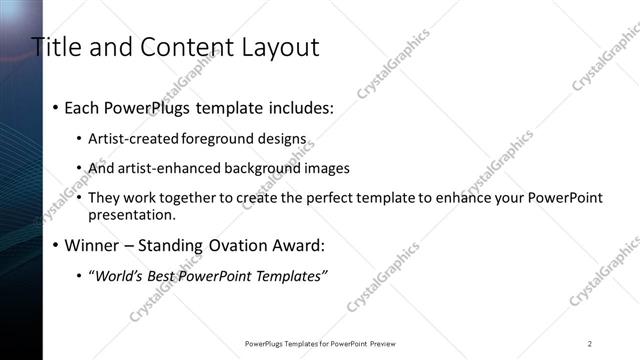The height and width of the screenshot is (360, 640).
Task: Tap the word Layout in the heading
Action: pyautogui.click(x=275, y=47)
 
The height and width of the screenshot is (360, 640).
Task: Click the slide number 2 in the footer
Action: pyautogui.click(x=590, y=343)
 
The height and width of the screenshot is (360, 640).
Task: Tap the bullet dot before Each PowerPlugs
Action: pyautogui.click(x=54, y=107)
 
